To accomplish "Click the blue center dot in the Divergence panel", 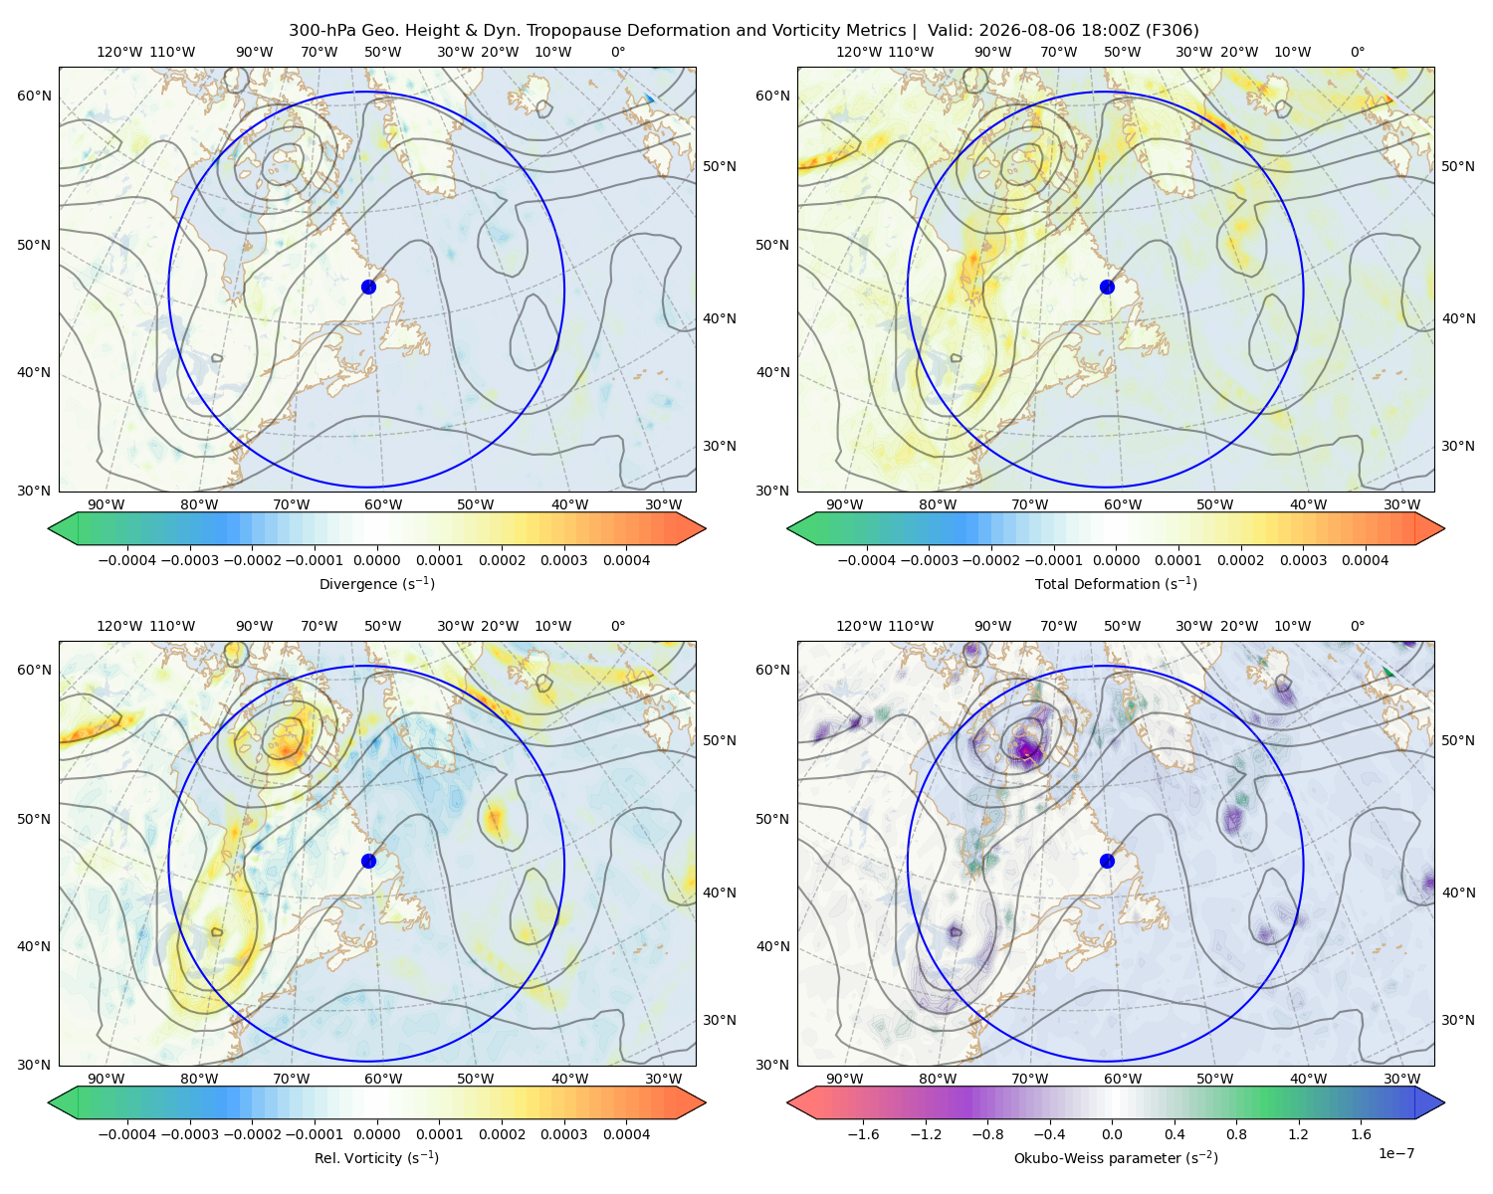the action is [x=368, y=287].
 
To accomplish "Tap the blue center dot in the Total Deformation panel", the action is [x=1107, y=287].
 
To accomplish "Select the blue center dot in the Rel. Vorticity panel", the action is [x=368, y=861].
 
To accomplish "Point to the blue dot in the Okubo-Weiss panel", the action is [x=1107, y=861].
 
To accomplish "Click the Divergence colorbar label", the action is [x=376, y=583].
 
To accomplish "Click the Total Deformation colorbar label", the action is [x=1116, y=583].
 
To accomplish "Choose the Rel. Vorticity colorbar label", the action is [x=376, y=1157].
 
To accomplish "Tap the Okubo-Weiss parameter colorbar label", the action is [x=1116, y=1157].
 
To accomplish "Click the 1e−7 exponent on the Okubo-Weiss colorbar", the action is [x=1395, y=1153].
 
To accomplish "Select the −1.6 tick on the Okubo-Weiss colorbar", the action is [x=863, y=1133].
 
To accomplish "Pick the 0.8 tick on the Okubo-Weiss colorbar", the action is [x=1236, y=1133].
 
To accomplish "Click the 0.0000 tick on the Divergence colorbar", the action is [x=376, y=560].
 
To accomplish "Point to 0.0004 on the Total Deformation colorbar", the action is [x=1365, y=560].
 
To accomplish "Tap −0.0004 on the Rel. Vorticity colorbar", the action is [x=127, y=1133].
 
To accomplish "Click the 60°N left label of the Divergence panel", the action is [x=34, y=96].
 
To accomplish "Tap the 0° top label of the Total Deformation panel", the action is [x=1357, y=52].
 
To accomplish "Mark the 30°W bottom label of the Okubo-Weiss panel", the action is [x=1401, y=1079].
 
